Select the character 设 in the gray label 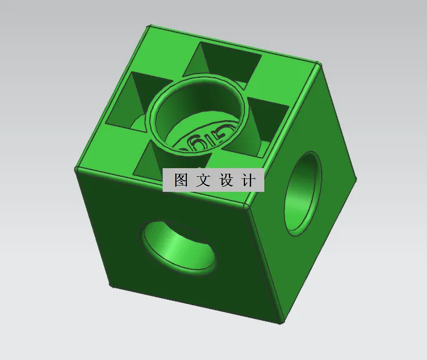pos(226,181)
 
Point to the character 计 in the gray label pos(247,181)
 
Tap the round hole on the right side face pos(303,194)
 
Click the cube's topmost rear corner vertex pos(148,27)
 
